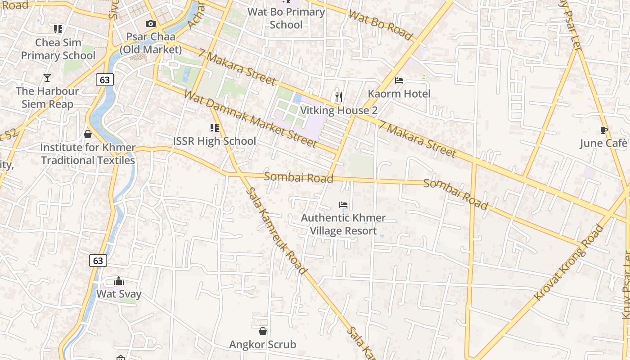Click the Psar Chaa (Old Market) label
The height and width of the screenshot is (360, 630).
[x=151, y=43]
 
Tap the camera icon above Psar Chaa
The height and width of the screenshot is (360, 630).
[x=151, y=24]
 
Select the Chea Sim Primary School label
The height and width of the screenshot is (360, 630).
[x=58, y=49]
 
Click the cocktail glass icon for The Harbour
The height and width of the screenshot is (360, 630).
[x=47, y=78]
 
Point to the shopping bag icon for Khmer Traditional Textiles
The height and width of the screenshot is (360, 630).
[x=88, y=134]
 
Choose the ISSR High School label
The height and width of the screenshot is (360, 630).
[x=215, y=141]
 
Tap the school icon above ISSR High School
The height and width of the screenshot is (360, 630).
[x=215, y=128]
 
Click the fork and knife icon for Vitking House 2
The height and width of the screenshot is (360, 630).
[x=339, y=97]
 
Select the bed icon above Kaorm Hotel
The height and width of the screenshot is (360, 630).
[x=399, y=81]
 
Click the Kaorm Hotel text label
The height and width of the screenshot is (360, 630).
[x=399, y=94]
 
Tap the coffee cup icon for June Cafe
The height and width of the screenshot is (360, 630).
[x=604, y=130]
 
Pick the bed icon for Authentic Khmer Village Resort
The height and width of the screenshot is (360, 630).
[x=343, y=205]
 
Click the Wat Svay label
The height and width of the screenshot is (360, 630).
[x=119, y=294]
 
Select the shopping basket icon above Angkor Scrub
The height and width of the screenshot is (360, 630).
[x=263, y=332]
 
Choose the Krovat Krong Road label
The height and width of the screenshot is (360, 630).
[x=569, y=263]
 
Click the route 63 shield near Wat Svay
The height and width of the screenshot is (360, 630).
[x=98, y=261]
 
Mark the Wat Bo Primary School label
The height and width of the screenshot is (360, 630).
[x=286, y=18]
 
